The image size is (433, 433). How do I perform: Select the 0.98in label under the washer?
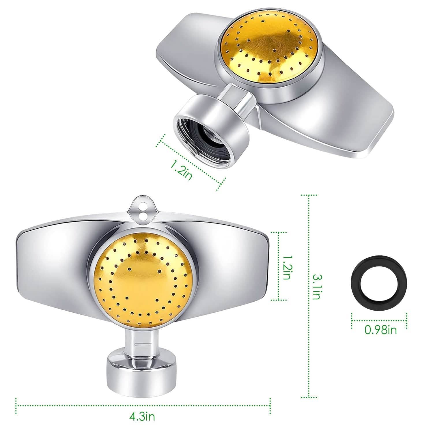click(x=380, y=330)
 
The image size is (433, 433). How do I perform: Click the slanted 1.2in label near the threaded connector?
click(x=181, y=170)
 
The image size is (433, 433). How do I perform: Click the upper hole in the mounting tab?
click(x=142, y=206)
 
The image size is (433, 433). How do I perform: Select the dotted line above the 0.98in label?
click(x=379, y=320)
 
